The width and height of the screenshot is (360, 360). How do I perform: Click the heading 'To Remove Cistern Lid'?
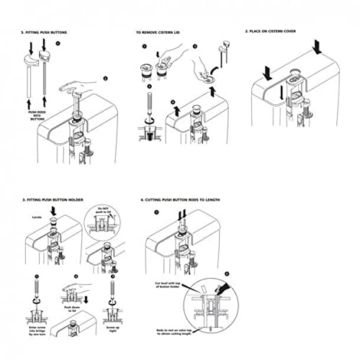point(161,32)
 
